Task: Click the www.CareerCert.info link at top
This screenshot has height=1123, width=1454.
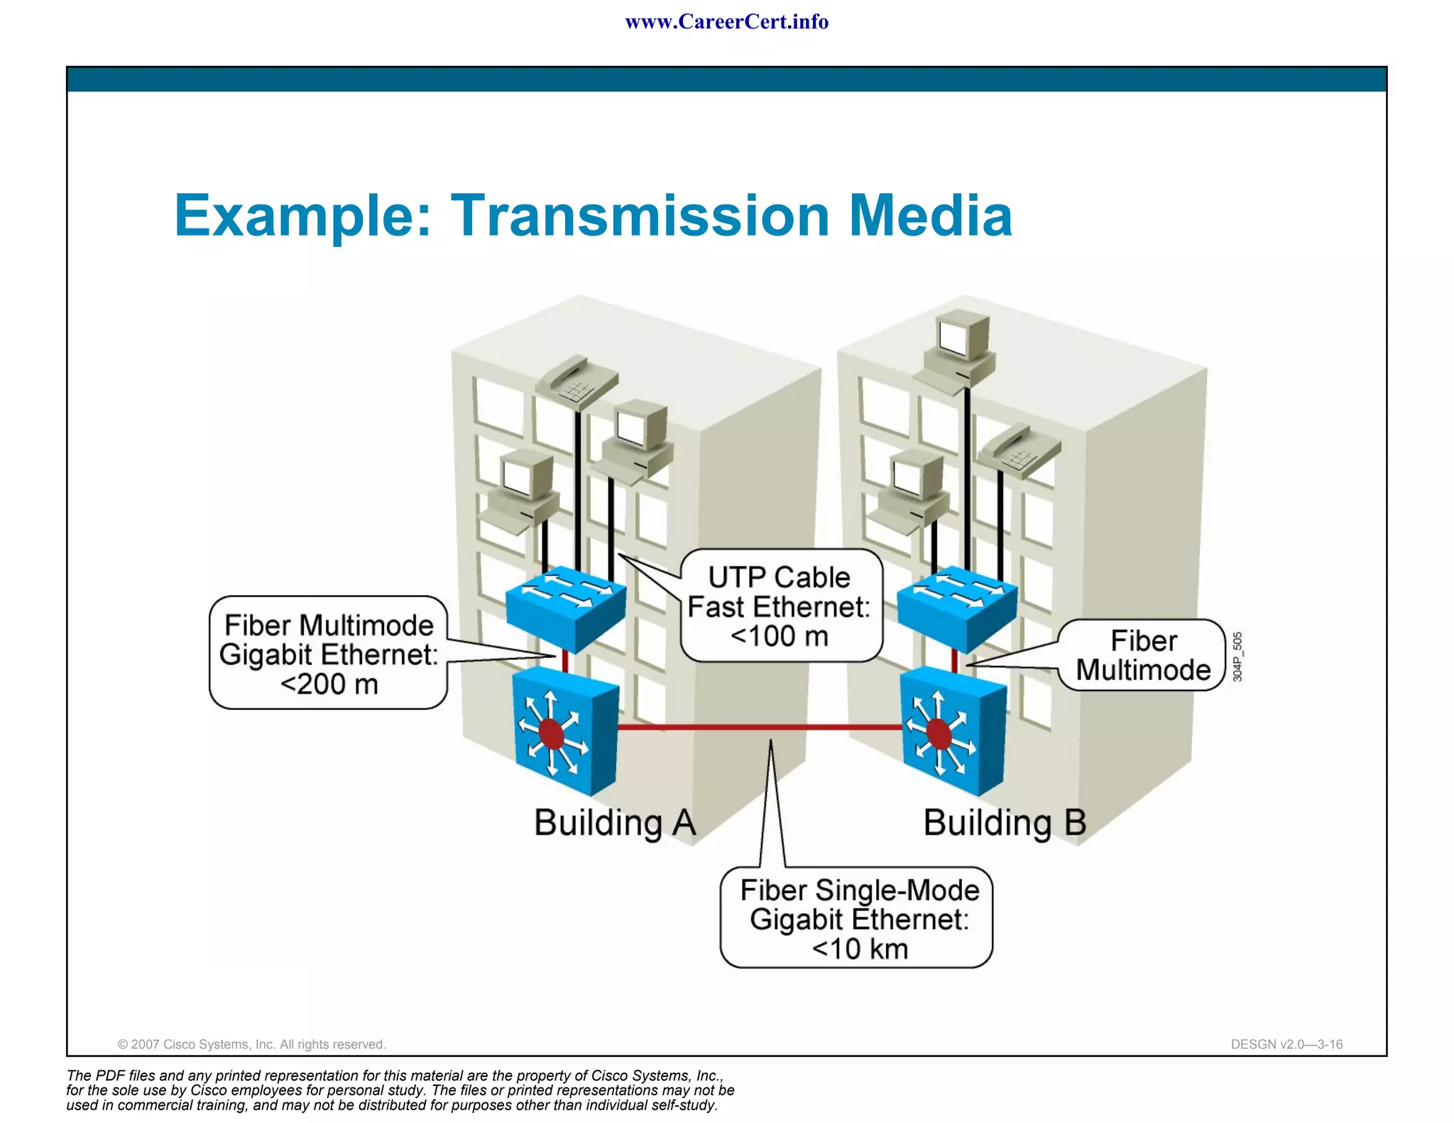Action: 726,22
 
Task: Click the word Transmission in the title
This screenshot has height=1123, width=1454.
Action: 640,215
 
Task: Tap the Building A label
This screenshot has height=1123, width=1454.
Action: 614,823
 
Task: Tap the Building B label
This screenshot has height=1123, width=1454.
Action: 1004,823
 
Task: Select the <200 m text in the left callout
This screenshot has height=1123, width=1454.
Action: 329,684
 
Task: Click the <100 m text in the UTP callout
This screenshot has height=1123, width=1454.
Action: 779,636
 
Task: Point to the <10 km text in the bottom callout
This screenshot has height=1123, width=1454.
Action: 859,948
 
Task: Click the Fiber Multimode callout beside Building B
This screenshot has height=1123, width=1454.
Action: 1142,655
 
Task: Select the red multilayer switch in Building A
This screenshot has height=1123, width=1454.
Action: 563,730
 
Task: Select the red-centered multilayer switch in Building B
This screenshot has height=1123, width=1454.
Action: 951,730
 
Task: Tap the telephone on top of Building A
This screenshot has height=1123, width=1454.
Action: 576,382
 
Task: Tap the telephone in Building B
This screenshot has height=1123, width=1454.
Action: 1020,450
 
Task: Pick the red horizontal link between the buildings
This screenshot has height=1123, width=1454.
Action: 760,727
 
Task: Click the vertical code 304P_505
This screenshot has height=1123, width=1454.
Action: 1237,657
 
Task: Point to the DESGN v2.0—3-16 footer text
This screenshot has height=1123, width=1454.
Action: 1286,1044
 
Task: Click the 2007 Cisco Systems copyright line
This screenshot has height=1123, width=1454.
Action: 251,1044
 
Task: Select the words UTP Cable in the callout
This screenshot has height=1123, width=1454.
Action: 779,577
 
